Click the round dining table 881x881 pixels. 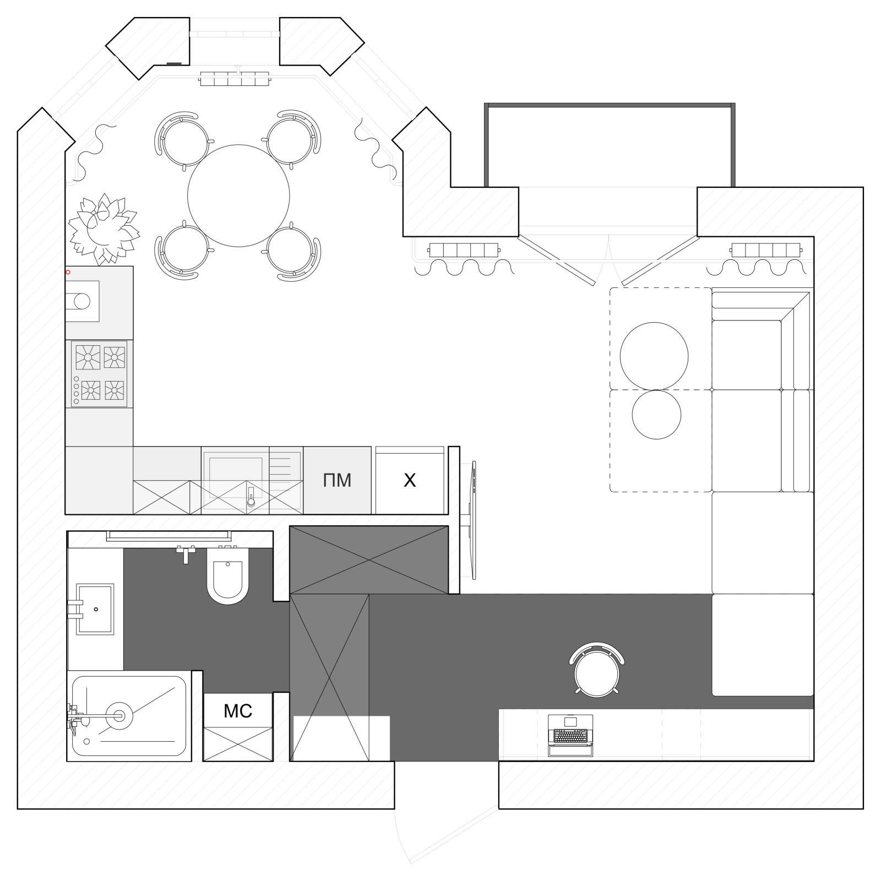[238, 195]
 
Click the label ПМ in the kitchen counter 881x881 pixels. [337, 480]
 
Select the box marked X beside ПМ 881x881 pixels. [410, 480]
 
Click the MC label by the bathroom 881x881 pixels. [238, 711]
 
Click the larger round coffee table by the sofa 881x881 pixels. [654, 356]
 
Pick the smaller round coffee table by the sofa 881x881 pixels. [656, 415]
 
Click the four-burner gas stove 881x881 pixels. [100, 374]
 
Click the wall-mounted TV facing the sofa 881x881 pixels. [472, 520]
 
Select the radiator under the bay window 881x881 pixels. [235, 79]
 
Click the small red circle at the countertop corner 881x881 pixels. [68, 272]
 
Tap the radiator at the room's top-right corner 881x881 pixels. [765, 250]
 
